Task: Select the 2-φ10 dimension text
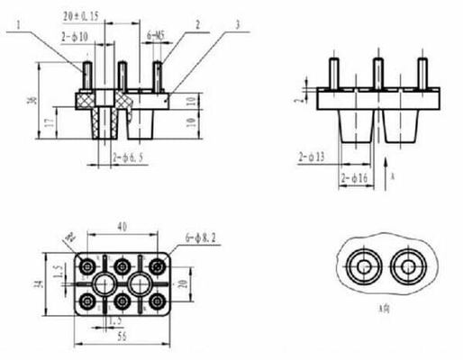(75, 37)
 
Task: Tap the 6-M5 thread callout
(155, 37)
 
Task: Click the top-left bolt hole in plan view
(87, 267)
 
